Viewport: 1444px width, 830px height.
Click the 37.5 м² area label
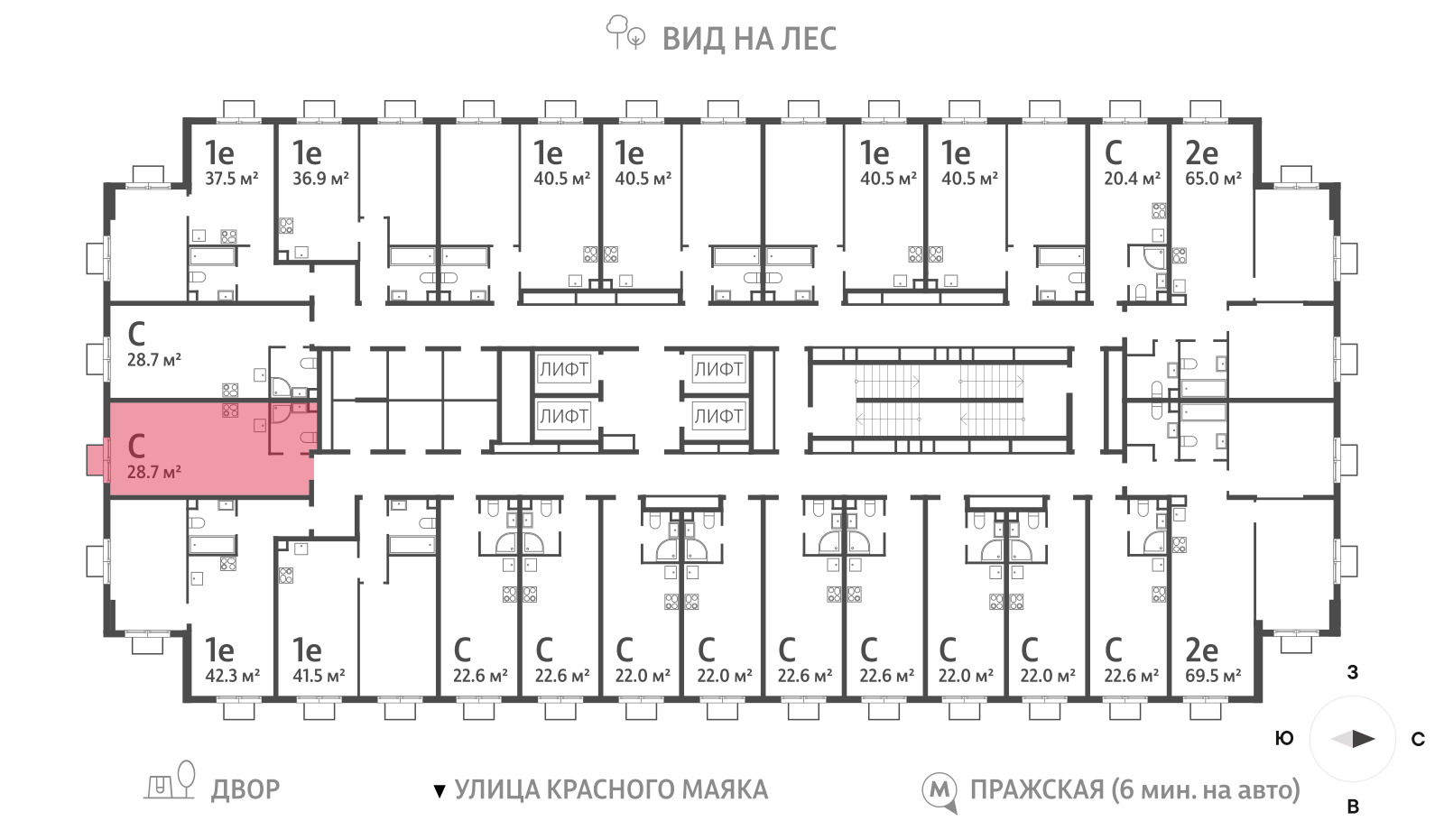(x=231, y=179)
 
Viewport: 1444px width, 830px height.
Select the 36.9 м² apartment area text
(x=320, y=179)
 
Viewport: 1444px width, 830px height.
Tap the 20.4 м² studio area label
(x=1132, y=179)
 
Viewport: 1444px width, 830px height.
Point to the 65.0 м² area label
(x=1213, y=179)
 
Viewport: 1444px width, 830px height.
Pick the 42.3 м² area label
(x=232, y=676)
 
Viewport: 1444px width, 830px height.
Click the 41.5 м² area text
(x=319, y=676)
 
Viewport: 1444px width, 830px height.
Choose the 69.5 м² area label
(x=1213, y=676)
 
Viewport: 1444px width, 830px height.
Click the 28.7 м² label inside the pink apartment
(x=153, y=473)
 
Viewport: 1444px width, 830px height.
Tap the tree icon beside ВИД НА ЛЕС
(x=625, y=32)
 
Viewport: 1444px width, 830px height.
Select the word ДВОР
(x=245, y=789)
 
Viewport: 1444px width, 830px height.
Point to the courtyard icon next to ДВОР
(x=170, y=780)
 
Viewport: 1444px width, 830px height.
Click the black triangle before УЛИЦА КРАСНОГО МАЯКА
(x=440, y=790)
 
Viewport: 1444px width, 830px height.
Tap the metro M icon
(x=940, y=792)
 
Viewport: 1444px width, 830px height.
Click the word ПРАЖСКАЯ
(x=1037, y=789)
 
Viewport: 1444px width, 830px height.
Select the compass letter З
(x=1353, y=672)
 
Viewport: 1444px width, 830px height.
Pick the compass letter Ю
(x=1285, y=739)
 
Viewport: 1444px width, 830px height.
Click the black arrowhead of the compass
(x=1364, y=739)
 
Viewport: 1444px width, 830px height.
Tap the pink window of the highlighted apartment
(x=95, y=459)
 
